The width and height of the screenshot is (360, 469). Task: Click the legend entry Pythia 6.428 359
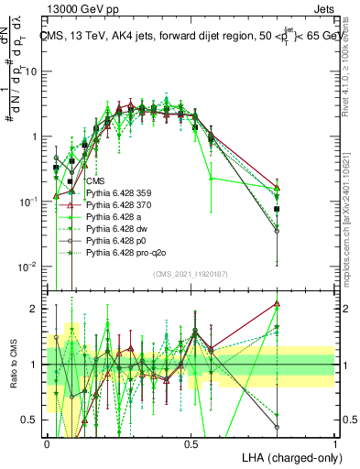(x=119, y=193)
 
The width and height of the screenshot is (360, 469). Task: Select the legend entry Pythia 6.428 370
(x=119, y=205)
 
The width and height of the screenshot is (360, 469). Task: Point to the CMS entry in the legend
(x=95, y=181)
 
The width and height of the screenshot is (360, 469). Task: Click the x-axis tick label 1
(x=335, y=442)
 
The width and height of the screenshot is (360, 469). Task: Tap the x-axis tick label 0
(x=47, y=442)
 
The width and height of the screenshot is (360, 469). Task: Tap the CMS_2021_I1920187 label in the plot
(x=191, y=274)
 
